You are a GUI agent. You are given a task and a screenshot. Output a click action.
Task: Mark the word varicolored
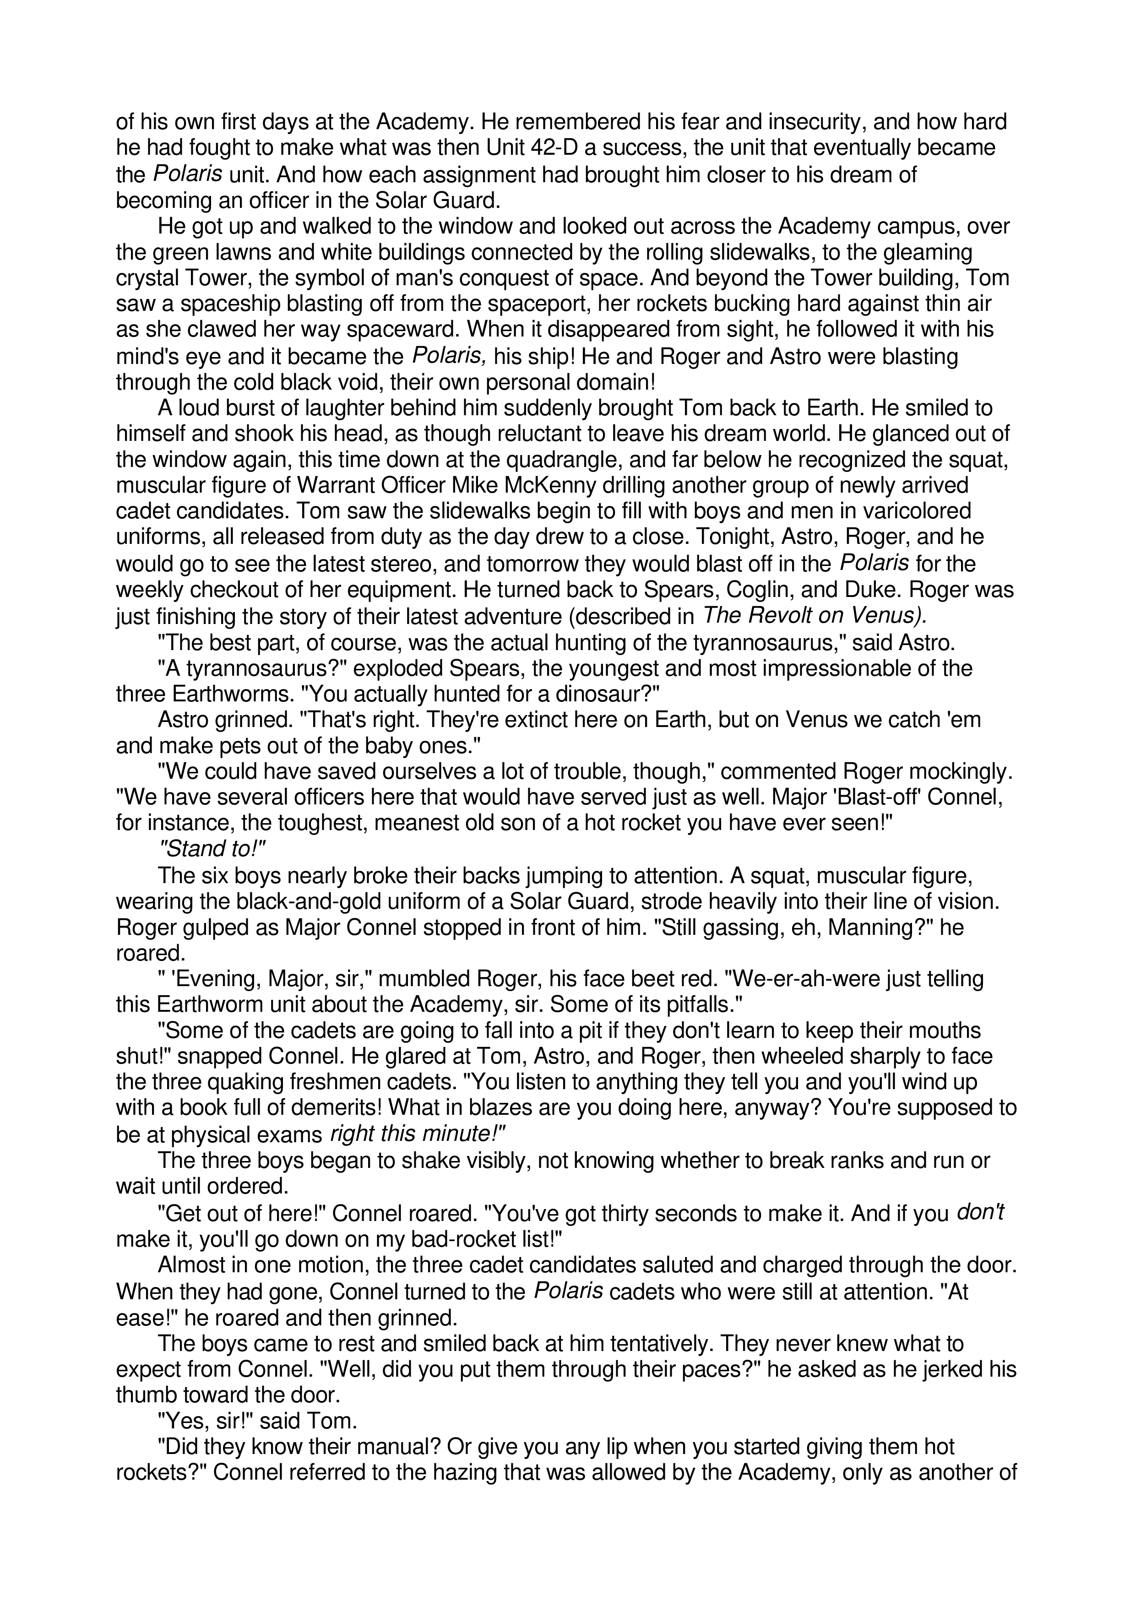pyautogui.click(x=908, y=511)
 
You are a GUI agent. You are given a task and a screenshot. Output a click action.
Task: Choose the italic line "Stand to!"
pyautogui.click(x=213, y=849)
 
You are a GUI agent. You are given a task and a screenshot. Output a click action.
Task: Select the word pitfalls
pyautogui.click(x=682, y=1005)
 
